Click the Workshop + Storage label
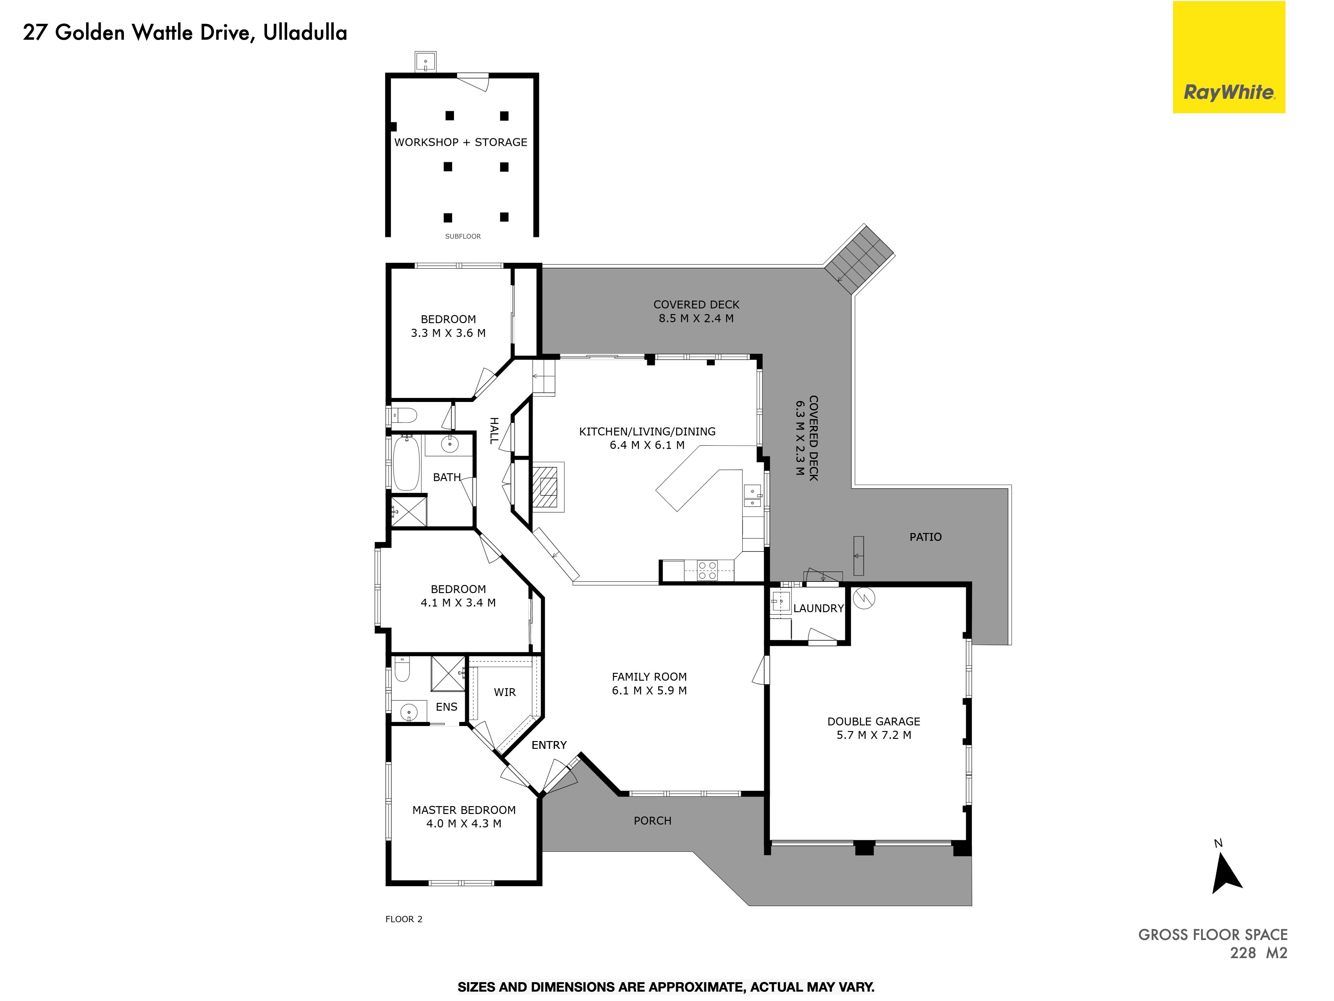pyautogui.click(x=461, y=142)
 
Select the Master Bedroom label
pyautogui.click(x=464, y=810)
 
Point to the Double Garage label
pyautogui.click(x=873, y=722)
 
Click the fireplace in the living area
pyautogui.click(x=548, y=488)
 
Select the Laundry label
pyautogui.click(x=818, y=608)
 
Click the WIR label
pyautogui.click(x=505, y=692)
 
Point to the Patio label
pyautogui.click(x=925, y=537)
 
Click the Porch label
pyautogui.click(x=653, y=821)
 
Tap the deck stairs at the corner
pyautogui.click(x=859, y=259)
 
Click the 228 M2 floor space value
pyautogui.click(x=1259, y=953)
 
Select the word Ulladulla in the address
pyautogui.click(x=305, y=33)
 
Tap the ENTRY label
pyautogui.click(x=549, y=745)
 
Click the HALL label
pyautogui.click(x=494, y=430)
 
